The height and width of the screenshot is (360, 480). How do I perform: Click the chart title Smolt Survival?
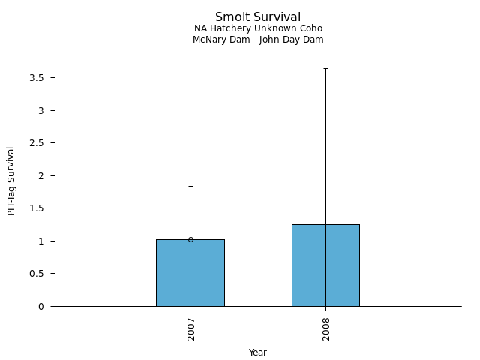click(x=258, y=17)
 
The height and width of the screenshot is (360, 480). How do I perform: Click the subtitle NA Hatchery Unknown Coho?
click(x=258, y=28)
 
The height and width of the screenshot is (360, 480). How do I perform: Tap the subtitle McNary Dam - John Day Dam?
click(x=258, y=40)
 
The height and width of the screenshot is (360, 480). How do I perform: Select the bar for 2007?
click(x=172, y=277)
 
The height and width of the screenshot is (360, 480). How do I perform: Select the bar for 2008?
click(x=307, y=270)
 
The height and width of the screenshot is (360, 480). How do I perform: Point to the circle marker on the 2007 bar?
click(x=190, y=240)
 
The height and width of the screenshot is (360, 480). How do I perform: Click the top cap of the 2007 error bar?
click(x=190, y=186)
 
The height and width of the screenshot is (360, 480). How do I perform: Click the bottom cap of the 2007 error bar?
click(x=190, y=292)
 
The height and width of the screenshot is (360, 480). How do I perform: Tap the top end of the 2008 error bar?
click(x=325, y=68)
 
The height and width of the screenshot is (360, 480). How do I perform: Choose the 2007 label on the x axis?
click(x=191, y=328)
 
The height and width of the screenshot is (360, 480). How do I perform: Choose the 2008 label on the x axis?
click(x=326, y=328)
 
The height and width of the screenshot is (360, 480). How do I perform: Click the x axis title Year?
click(x=258, y=352)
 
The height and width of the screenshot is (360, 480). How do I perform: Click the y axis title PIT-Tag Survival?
click(x=11, y=181)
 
